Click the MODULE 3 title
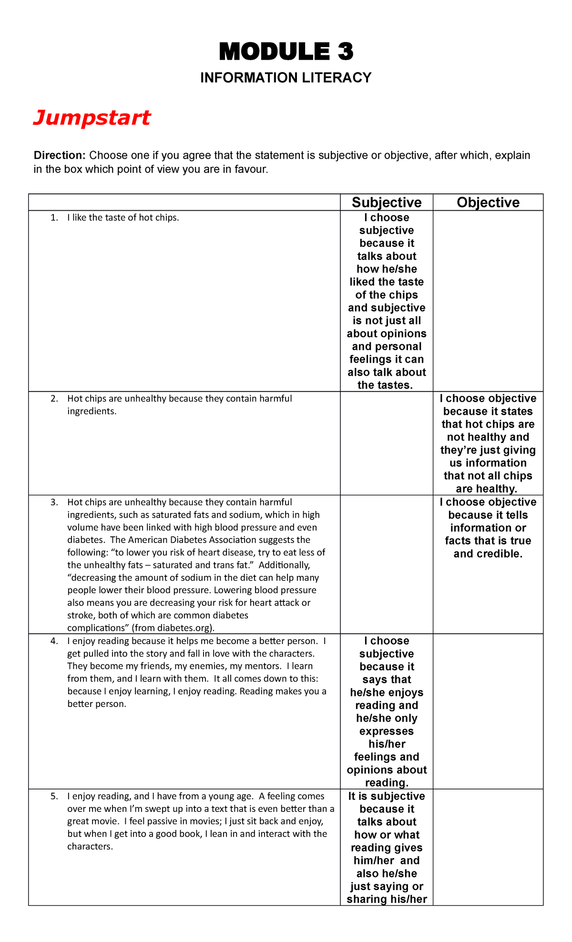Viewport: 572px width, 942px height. click(x=286, y=51)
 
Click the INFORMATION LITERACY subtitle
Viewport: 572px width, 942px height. click(x=286, y=78)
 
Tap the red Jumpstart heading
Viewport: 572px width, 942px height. click(x=92, y=118)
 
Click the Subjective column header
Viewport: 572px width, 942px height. click(x=387, y=203)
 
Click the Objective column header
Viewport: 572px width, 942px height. click(x=488, y=203)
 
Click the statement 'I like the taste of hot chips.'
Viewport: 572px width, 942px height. click(x=123, y=218)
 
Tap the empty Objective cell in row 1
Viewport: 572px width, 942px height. click(x=488, y=301)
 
